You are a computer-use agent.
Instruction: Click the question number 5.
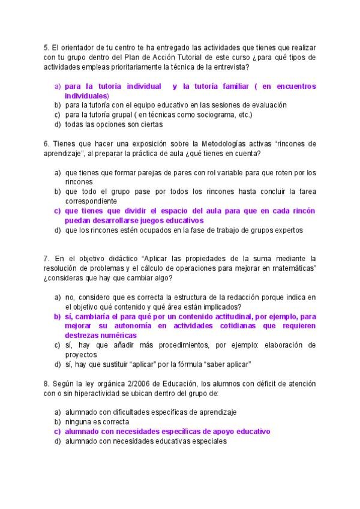(x=46, y=47)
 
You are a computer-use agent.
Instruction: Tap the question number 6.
(x=46, y=144)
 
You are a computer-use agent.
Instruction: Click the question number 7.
(x=46, y=258)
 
